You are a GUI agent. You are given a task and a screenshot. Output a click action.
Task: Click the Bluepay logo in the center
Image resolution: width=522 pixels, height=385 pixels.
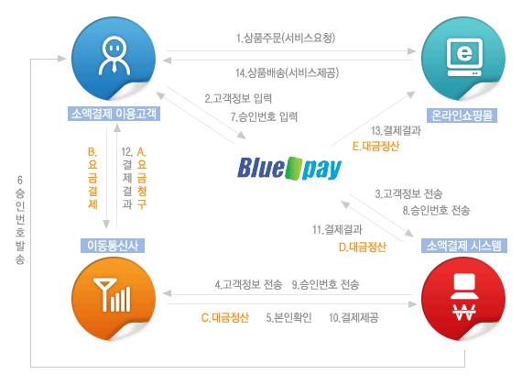pos(289,169)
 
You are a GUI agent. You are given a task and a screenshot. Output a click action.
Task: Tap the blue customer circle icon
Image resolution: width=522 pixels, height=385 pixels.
pos(114,59)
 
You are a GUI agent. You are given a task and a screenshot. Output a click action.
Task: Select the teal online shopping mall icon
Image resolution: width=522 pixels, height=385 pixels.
pos(463,59)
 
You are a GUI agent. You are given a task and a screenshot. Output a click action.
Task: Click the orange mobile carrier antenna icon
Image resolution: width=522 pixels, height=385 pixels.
pos(114,299)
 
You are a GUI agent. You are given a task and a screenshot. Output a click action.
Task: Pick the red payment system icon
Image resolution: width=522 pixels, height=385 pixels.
pos(463,299)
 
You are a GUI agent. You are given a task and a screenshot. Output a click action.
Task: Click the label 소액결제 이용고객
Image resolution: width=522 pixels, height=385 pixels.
pos(114,114)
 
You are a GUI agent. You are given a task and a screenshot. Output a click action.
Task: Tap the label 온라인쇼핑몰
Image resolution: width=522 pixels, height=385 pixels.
pos(462,115)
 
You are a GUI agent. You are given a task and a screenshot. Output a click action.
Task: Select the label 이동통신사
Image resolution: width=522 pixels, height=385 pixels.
pos(113,246)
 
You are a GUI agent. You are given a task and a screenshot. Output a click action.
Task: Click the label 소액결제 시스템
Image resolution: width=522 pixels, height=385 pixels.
pos(464,246)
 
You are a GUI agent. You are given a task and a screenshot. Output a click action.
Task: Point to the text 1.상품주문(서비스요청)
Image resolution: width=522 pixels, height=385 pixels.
pos(286,38)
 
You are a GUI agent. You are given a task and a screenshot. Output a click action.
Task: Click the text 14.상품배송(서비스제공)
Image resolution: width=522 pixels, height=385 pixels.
pos(287,72)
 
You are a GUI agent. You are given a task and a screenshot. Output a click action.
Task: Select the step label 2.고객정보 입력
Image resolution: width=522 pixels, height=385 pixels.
pos(238,98)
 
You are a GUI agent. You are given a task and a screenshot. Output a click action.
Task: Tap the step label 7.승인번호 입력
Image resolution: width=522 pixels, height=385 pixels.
pos(264,116)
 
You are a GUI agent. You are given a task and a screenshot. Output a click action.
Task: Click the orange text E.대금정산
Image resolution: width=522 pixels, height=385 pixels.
pos(375,147)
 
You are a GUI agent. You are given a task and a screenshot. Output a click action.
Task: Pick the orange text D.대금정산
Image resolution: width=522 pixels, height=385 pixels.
pos(363,247)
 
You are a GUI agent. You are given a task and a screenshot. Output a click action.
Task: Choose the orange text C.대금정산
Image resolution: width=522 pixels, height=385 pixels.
pos(225,318)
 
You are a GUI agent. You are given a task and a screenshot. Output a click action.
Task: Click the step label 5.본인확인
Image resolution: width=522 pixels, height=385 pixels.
pos(289,318)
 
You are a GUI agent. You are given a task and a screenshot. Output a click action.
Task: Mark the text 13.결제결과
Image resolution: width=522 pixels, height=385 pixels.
pos(397,131)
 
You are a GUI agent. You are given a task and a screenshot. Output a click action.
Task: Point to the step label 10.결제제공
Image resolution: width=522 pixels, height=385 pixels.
pos(353,318)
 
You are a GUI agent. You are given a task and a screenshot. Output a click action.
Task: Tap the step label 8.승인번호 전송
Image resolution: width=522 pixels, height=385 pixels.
pos(436,210)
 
